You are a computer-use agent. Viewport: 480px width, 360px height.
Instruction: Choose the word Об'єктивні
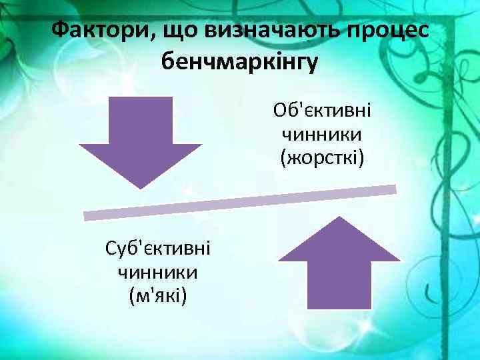click(x=322, y=110)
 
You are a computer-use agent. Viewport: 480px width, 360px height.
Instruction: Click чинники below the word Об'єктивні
click(x=322, y=134)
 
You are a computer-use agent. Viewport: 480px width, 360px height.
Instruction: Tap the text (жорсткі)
click(x=322, y=158)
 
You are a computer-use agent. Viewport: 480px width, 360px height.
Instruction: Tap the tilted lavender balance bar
click(x=240, y=202)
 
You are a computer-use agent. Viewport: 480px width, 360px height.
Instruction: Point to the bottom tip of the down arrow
click(x=140, y=187)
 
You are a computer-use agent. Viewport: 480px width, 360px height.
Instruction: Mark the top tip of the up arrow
click(x=339, y=218)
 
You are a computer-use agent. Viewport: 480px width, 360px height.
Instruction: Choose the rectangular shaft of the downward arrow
click(x=140, y=120)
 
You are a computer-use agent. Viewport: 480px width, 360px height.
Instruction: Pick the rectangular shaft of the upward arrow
click(x=339, y=283)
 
